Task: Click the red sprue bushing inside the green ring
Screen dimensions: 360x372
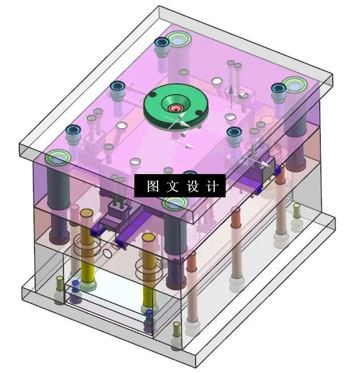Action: pos(176,108)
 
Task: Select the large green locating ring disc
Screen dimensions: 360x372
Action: pos(176,106)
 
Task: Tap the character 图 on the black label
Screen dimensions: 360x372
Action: pos(153,186)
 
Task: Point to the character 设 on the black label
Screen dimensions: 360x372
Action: pos(192,186)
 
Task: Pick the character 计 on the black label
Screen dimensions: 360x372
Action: pos(212,186)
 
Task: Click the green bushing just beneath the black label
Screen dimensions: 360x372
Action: pos(176,203)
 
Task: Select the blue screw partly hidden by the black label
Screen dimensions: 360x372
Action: pos(190,173)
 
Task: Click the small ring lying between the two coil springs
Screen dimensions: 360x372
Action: pos(108,253)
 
